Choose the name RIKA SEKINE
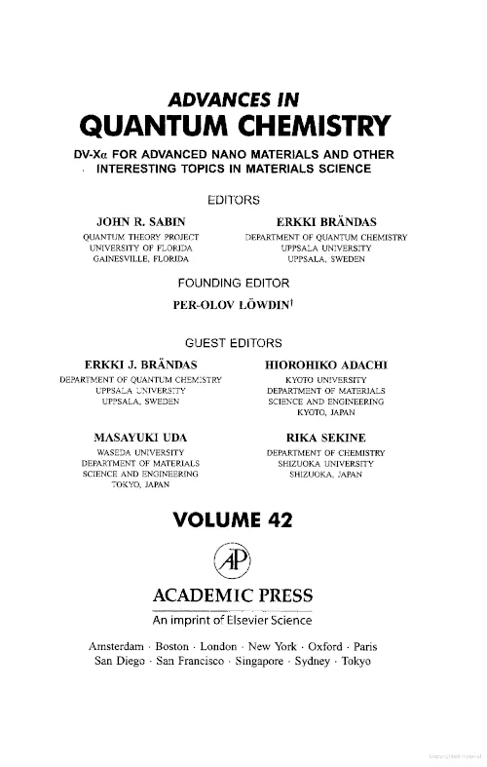coord(326,437)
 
